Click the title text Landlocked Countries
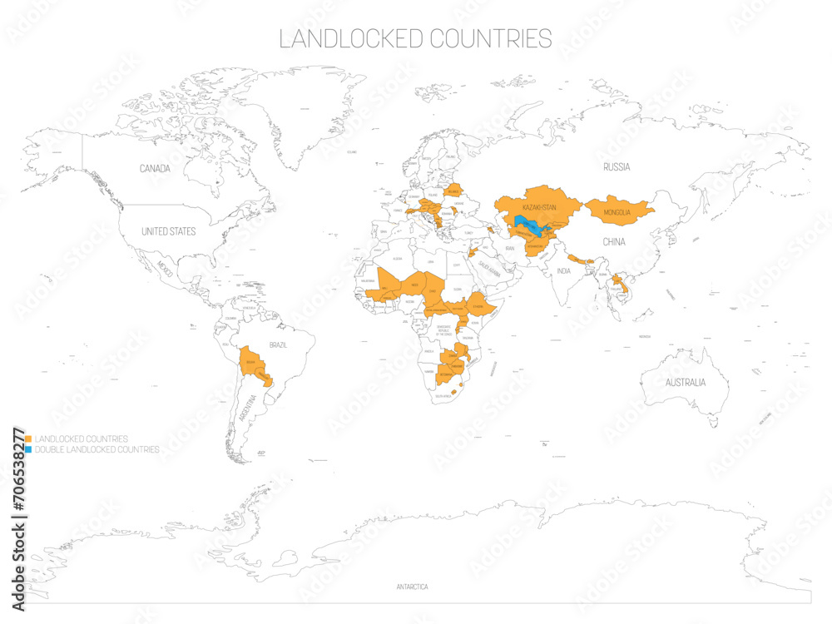pos(415,38)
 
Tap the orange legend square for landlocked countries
pos(28,438)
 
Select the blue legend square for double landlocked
pos(28,449)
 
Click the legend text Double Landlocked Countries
pos(97,449)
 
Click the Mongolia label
pos(618,213)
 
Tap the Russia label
pos(617,167)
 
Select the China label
pos(613,242)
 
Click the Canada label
pos(155,169)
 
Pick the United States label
pos(168,231)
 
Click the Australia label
pos(685,383)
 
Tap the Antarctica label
pos(412,587)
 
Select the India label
pos(564,271)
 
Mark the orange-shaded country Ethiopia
pos(478,306)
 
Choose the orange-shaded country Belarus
pos(453,191)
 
